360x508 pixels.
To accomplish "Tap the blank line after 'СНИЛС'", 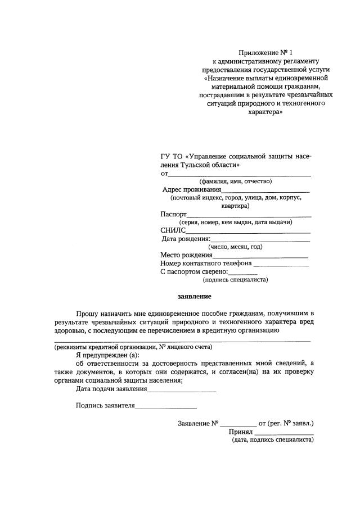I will click(248, 232).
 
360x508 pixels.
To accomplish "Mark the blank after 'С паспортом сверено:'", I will click(244, 273).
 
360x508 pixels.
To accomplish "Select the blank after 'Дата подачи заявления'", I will click(182, 390).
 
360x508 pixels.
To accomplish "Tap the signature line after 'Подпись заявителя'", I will click(166, 407).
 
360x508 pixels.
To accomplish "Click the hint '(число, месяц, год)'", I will click(235, 247).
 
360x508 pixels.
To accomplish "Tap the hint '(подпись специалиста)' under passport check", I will click(235, 279).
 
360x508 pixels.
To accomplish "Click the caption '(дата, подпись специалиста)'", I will click(272, 441).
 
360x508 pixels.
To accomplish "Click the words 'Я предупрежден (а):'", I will click(106, 356).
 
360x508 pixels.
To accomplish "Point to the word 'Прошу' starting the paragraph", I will click(88, 312).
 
